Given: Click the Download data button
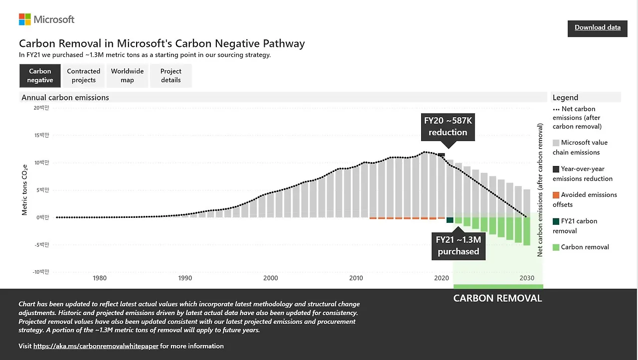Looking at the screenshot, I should [x=597, y=28].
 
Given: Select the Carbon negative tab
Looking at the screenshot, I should [x=40, y=76].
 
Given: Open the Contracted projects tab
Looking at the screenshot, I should [x=84, y=76].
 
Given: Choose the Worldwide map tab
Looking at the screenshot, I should [x=127, y=76].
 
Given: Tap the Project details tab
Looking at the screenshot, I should [x=171, y=76].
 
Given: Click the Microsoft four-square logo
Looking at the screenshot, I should [x=25, y=19].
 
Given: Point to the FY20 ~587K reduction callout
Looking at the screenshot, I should [x=448, y=127].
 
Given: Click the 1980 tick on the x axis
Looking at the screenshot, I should [x=100, y=278].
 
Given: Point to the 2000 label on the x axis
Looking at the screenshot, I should [x=271, y=278].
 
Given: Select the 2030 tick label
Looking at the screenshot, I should [x=527, y=278].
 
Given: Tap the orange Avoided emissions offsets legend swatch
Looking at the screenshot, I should [x=556, y=195].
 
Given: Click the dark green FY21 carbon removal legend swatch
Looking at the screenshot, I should [x=556, y=221].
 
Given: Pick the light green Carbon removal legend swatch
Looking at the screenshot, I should [x=556, y=247].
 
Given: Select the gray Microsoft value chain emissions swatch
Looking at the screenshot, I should [x=556, y=143].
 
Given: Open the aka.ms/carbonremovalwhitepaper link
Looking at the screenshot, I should [x=96, y=346].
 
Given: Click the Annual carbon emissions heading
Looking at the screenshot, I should [x=65, y=98].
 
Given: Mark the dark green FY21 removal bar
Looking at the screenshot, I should [x=450, y=220].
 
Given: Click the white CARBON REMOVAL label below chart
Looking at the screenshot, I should [x=497, y=299].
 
